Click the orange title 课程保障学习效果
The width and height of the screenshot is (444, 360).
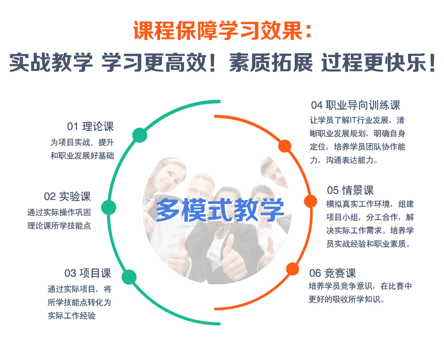click(218, 30)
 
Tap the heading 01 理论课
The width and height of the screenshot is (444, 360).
click(90, 126)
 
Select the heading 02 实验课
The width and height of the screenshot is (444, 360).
click(67, 196)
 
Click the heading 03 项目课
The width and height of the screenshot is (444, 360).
click(88, 273)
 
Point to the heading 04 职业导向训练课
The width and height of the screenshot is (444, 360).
click(356, 105)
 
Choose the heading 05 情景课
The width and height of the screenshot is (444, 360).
click(350, 190)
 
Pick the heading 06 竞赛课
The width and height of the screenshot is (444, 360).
click(332, 273)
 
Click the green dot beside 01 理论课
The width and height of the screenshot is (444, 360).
click(140, 135)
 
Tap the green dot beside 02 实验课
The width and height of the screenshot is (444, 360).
click(109, 207)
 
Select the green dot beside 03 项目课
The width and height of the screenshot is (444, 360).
click(129, 277)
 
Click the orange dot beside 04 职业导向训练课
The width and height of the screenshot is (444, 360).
click(285, 146)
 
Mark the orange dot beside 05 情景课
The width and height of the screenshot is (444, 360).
click(310, 201)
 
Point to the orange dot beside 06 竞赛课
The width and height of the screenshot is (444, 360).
click(292, 269)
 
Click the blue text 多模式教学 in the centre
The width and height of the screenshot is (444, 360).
click(220, 210)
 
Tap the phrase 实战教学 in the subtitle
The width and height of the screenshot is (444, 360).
click(51, 62)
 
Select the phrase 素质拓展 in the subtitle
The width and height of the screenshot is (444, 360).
click(271, 62)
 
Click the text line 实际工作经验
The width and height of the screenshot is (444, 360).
click(72, 315)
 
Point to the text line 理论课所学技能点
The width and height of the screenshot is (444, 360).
click(59, 226)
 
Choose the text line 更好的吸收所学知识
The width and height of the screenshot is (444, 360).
click(346, 299)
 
